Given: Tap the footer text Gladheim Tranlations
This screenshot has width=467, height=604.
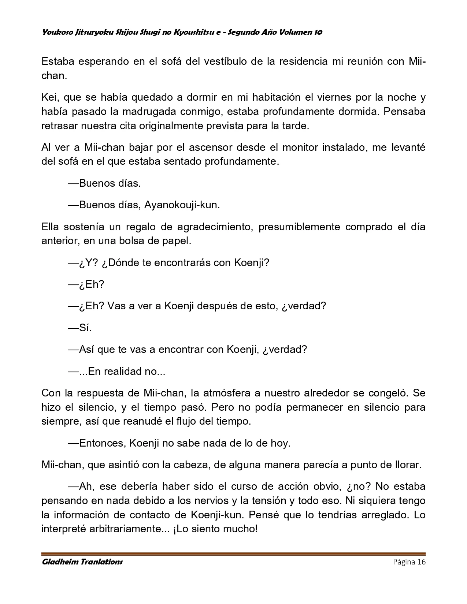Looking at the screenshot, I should (82, 562).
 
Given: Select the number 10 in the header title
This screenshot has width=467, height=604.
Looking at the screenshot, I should (318, 32).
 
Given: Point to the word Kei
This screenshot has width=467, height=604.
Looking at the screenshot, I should (49, 97).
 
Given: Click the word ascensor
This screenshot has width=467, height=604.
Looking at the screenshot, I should (211, 148).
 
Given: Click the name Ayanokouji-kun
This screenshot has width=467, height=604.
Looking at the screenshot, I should (182, 205).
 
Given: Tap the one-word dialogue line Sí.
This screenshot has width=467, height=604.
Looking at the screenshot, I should (85, 328).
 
